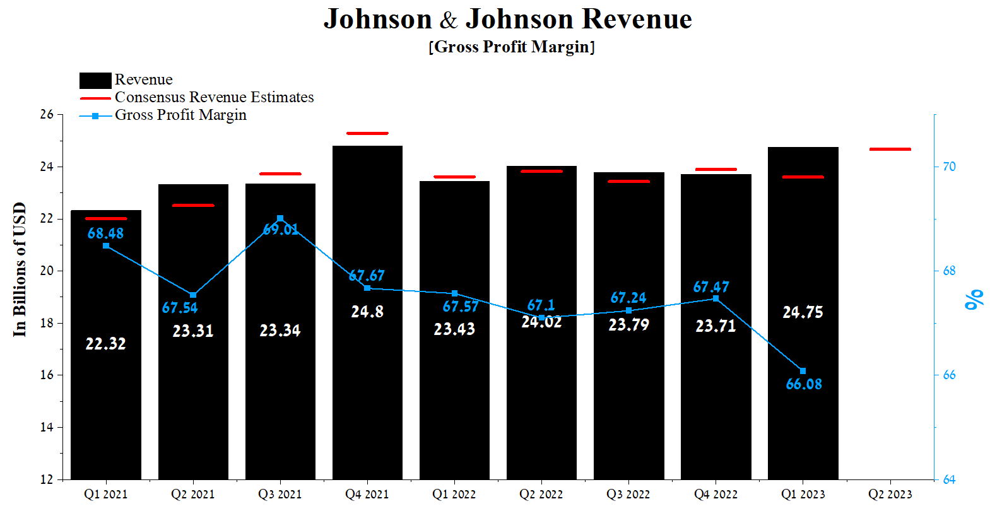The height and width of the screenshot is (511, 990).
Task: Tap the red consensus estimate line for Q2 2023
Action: coord(890,150)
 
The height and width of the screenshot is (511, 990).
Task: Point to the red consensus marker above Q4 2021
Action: coord(367,134)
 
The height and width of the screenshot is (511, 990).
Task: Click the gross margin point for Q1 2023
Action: coord(803,371)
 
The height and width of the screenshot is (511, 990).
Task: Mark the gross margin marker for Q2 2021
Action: coord(193,295)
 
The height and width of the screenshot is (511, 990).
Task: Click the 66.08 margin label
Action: coord(804,384)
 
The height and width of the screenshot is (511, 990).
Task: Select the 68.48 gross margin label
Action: coord(105,233)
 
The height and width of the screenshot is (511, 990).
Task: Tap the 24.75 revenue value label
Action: coord(803,312)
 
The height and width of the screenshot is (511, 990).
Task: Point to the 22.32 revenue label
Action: coord(105,344)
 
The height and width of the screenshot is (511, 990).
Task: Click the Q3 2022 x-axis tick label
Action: coord(628,495)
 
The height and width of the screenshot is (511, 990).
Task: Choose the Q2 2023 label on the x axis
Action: coord(890,495)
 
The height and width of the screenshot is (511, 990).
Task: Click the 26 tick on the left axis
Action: coord(47,114)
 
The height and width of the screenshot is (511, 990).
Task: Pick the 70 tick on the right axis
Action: coord(949,167)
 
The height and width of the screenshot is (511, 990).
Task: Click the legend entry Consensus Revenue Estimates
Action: coord(214,97)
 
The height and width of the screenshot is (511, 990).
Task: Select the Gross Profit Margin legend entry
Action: coord(180,115)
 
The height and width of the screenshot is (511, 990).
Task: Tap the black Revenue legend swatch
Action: coord(95,80)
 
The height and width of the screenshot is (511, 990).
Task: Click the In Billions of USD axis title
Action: coord(20,269)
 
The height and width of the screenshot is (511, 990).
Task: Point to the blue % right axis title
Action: coord(974,299)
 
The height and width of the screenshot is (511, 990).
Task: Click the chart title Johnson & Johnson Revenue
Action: coord(508,19)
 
